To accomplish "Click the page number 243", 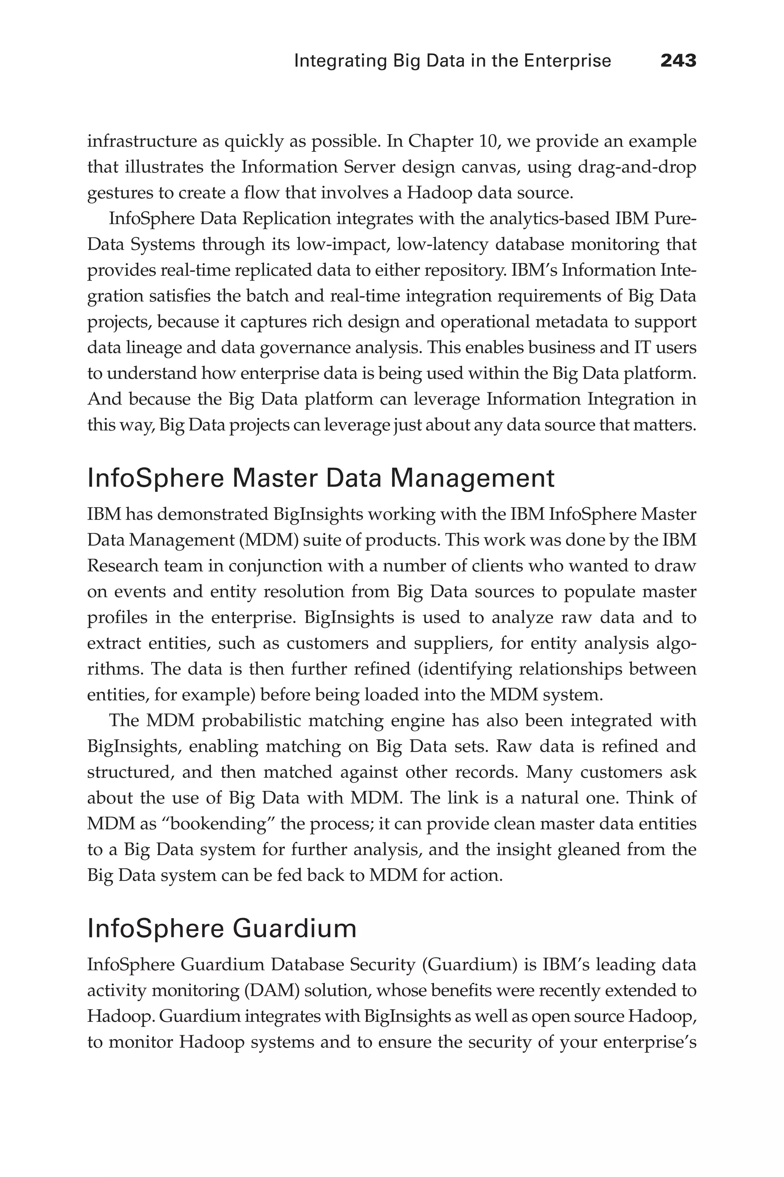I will click(678, 61).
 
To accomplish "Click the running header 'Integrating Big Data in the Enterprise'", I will click(452, 61).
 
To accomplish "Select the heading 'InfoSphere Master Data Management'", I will click(320, 479).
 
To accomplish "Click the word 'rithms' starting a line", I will click(114, 669).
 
